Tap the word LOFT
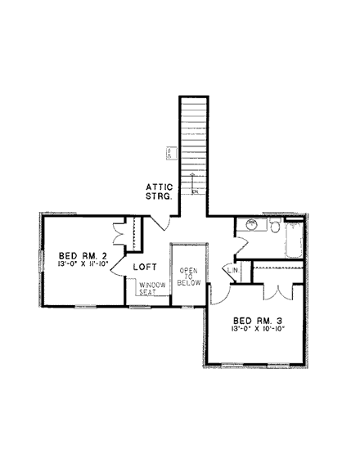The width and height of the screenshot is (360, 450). [x=146, y=267]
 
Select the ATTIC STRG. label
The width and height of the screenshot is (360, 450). [x=159, y=191]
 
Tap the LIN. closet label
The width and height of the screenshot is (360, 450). [x=232, y=270]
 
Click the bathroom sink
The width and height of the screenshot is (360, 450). [x=252, y=224]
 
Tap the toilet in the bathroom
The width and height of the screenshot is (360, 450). [x=273, y=226]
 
